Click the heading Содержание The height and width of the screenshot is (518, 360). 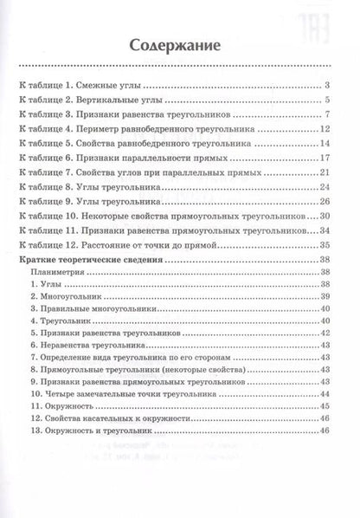tap(180, 45)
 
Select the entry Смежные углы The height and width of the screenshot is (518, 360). tap(112, 85)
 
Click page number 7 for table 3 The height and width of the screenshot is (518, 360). tap(330, 115)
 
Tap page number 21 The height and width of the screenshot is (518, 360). tap(326, 173)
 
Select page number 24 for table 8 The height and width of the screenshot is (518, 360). tap(326, 187)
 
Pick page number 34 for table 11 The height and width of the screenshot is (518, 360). tap(326, 230)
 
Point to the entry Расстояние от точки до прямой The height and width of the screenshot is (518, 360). tap(148, 244)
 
